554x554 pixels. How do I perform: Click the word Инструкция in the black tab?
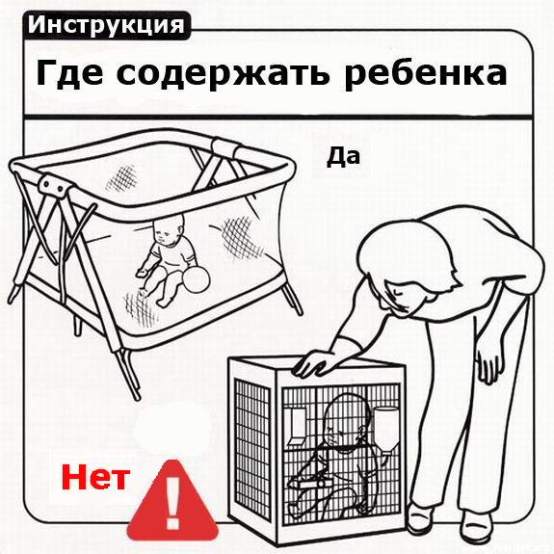click(x=105, y=25)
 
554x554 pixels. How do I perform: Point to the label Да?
click(x=343, y=155)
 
